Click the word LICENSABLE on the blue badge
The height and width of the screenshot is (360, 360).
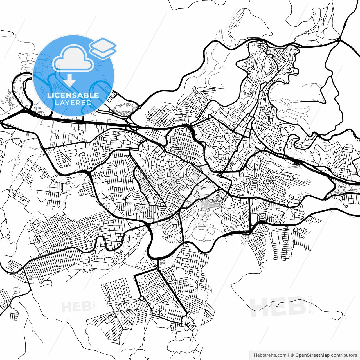point(73,95)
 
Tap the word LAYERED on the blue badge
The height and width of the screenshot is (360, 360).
point(73,103)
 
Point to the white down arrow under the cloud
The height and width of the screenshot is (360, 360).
point(69,80)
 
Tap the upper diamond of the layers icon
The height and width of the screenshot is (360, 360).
point(103,44)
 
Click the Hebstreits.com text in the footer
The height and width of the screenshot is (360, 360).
point(270,355)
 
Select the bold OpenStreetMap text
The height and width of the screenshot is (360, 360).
point(312,355)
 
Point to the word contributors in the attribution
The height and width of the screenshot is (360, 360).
point(344,355)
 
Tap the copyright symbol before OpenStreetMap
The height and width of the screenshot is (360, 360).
point(292,355)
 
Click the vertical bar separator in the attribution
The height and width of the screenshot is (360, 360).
point(289,355)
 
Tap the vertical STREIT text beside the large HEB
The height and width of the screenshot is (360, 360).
point(310,304)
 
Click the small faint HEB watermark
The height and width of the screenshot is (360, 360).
point(76,307)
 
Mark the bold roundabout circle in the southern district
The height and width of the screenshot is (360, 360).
point(142,298)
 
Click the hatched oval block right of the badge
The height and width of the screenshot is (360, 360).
point(124,108)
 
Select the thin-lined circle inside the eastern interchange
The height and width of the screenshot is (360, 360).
point(341,190)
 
